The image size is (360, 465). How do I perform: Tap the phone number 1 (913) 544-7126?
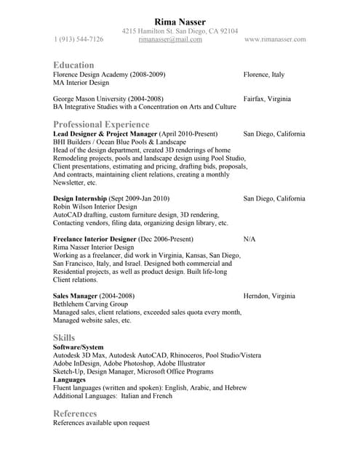click(79, 39)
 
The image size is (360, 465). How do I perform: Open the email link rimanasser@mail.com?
click(170, 39)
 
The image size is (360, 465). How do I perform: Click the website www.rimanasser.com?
click(275, 39)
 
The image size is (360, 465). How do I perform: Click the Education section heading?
click(73, 65)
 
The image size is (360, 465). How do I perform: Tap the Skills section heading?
click(63, 337)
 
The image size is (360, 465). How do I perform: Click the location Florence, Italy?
click(264, 75)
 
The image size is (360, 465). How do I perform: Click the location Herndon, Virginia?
click(269, 296)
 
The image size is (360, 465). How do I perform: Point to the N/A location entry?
click(249, 238)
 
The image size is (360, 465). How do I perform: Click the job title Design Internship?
click(80, 198)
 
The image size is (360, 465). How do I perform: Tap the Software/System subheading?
click(79, 347)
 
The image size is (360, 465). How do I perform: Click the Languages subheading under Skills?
click(70, 379)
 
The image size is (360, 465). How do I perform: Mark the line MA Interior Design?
click(80, 84)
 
